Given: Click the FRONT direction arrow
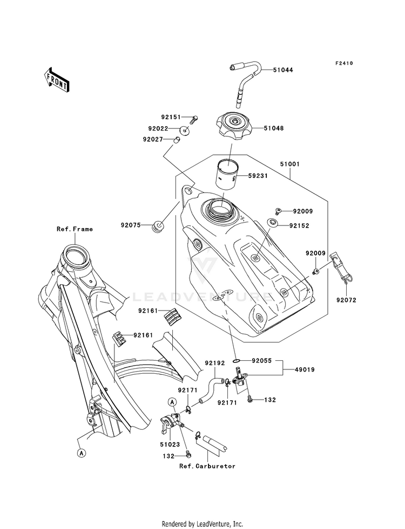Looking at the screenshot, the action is [x=57, y=80].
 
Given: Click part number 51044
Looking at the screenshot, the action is [x=283, y=70].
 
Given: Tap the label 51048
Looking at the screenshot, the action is [x=274, y=128].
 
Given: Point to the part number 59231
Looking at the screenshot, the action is [x=258, y=176].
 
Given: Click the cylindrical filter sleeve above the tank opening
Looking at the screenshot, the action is [x=227, y=173].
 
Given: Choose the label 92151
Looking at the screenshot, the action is [x=171, y=117].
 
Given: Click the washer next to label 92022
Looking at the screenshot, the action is [x=185, y=129].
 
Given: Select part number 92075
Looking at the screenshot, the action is [x=130, y=225].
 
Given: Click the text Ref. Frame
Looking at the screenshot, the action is [x=75, y=229].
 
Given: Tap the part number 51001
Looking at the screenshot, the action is [x=290, y=164].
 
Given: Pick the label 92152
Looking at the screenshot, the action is [x=299, y=226].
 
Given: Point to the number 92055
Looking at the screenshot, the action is [x=262, y=361].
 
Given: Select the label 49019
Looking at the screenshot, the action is [x=305, y=370].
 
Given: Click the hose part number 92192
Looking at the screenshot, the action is [x=215, y=363].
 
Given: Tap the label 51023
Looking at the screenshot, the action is [x=170, y=445].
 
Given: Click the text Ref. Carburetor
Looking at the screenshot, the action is [x=207, y=466].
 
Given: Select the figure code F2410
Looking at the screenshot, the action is [x=344, y=63].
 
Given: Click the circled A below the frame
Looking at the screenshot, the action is [x=81, y=453].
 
